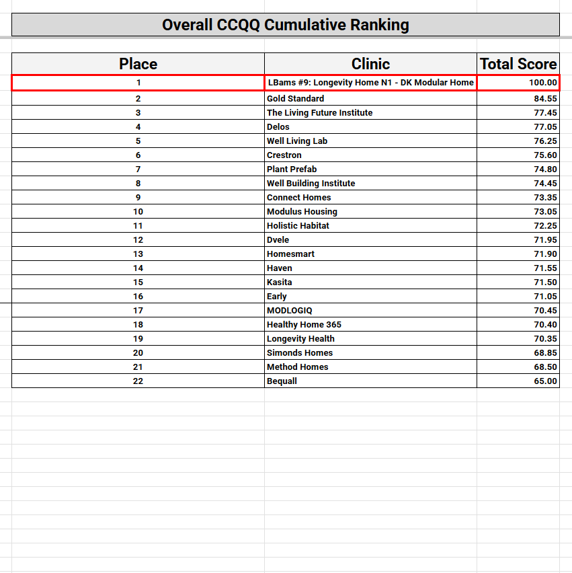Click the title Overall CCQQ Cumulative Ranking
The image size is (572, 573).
285,25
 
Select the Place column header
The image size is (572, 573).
138,64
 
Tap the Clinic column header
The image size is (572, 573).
370,64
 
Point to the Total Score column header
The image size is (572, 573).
518,64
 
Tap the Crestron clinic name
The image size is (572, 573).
284,155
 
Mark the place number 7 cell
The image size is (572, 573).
138,169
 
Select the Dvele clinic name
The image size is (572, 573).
278,239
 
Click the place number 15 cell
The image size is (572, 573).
138,282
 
